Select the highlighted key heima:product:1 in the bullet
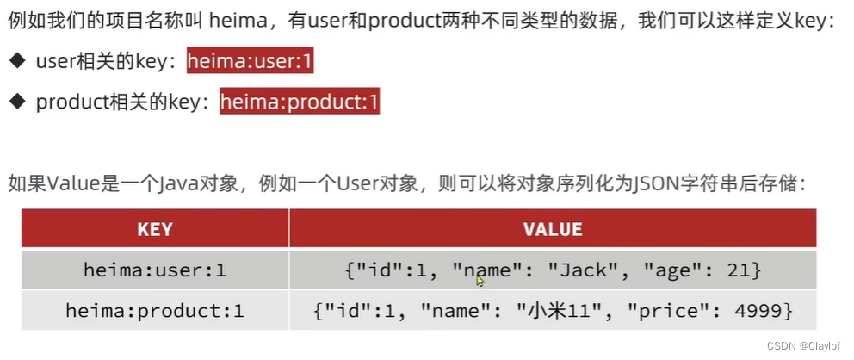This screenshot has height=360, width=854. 300,102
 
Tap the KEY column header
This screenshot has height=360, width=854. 155,229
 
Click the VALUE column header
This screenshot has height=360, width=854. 553,229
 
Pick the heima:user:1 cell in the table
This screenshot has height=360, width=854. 155,270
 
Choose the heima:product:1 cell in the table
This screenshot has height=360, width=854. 155,310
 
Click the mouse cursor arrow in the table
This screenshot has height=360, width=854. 480,280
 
